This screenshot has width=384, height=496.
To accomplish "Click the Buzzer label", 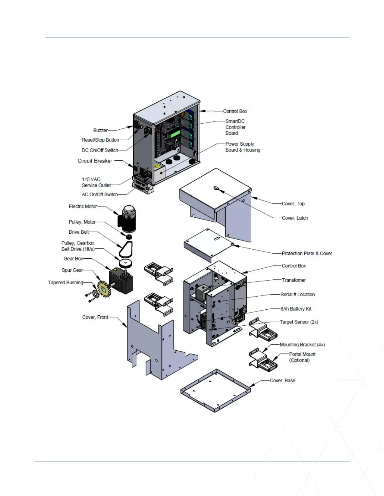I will (100, 130).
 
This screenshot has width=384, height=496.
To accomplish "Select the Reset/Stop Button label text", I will (100, 140).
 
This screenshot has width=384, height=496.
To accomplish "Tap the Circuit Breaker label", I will (95, 161).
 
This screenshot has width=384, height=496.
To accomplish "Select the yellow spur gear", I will (104, 289).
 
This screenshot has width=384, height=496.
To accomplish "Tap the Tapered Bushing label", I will (66, 282).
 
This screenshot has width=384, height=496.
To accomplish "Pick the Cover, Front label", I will (95, 317).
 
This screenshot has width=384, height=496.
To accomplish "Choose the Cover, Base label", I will (282, 380).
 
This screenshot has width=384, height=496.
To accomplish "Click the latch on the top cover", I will (216, 189).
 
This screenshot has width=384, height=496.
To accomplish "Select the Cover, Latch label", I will (295, 218).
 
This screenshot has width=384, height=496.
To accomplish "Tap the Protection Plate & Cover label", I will (307, 253).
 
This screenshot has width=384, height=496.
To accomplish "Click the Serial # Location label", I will (297, 294).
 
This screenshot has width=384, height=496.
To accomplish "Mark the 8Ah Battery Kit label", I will (296, 309).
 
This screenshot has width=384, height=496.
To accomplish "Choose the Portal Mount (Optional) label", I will (302, 357).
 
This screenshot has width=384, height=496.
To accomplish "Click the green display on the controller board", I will (173, 134).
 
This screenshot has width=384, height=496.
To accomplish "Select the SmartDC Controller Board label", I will (235, 127).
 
